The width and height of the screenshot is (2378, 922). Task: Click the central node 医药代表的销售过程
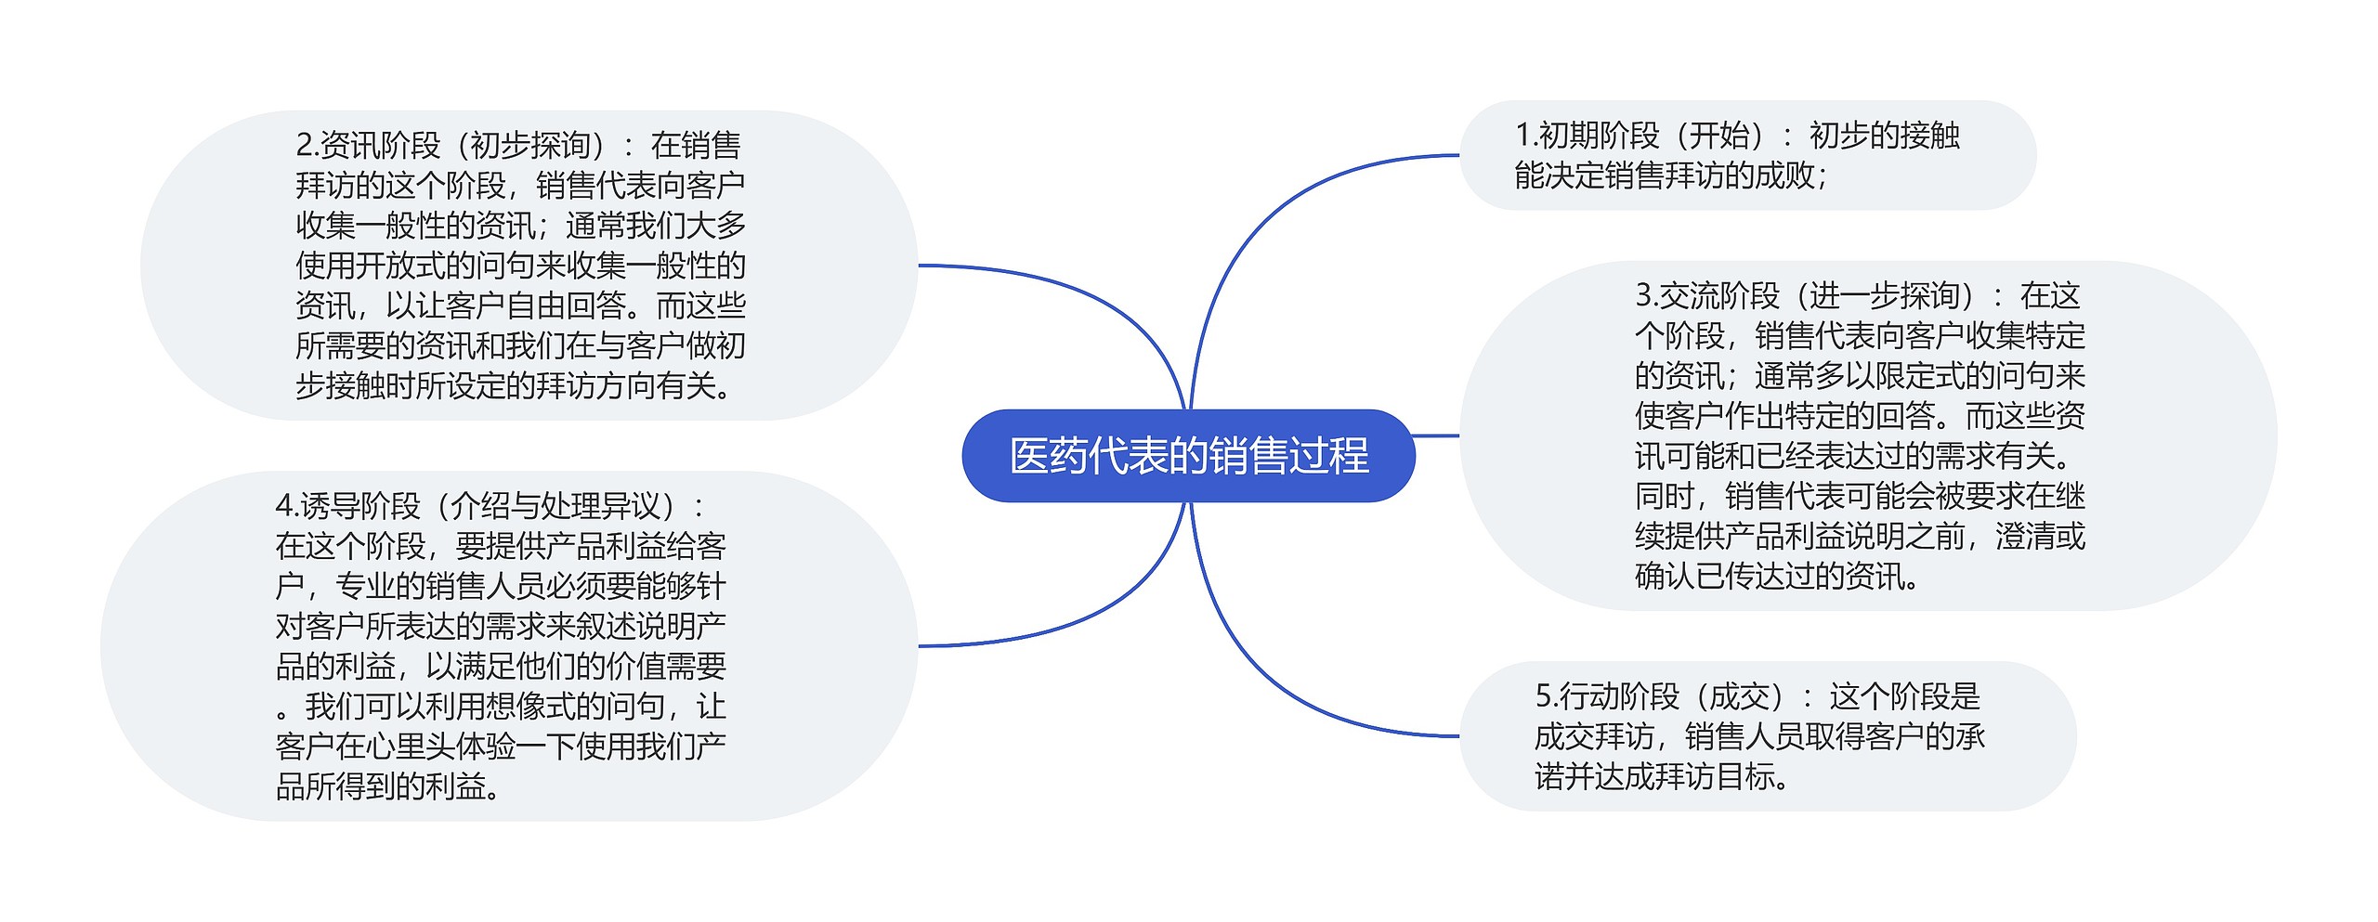click(x=1188, y=456)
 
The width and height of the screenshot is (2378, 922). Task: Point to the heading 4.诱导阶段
click(x=347, y=506)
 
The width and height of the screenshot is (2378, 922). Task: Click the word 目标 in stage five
click(x=1745, y=776)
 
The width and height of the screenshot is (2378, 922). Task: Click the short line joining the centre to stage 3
click(x=1436, y=435)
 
